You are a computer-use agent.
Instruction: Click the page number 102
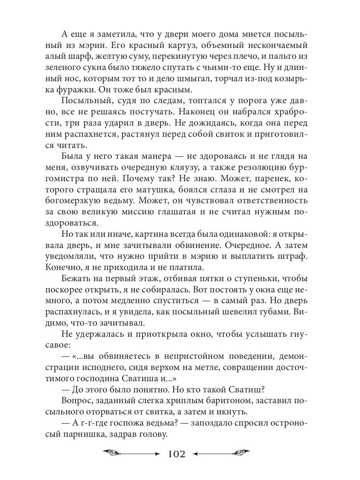176,454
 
